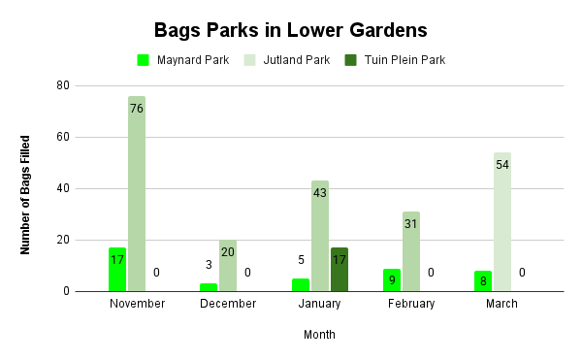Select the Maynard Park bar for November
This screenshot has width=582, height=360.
pos(117,270)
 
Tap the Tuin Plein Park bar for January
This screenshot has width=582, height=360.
pos(339,270)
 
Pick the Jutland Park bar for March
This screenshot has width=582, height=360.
pos(501,222)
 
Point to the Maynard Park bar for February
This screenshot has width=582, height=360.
pos(392,280)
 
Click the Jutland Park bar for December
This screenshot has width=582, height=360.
pos(228,266)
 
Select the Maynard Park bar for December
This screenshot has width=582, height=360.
pos(209,287)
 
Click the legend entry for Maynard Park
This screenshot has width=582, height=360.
pos(183,60)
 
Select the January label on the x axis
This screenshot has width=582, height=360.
pos(320,304)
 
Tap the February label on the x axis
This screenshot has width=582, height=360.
pos(411,304)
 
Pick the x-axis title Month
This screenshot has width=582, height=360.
pos(320,335)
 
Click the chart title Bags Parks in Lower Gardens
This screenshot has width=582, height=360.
pos(290,30)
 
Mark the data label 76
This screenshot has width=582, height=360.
pos(137,109)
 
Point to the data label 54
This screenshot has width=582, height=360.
pos(502,165)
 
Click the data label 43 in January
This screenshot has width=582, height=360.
pos(320,193)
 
